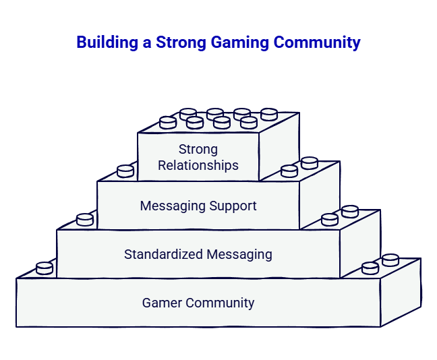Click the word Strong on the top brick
[198, 149]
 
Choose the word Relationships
[198, 165]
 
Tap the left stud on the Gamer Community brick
[45, 268]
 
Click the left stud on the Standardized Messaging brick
[85, 220]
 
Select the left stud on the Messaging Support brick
[125, 171]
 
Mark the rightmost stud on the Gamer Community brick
[390, 260]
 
